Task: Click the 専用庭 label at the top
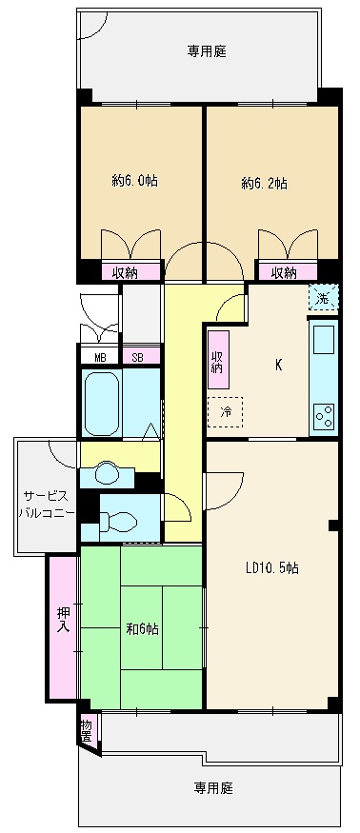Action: coord(206,51)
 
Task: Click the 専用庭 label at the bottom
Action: coord(213,787)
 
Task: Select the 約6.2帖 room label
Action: coord(264,182)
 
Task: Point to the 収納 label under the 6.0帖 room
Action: coord(124,272)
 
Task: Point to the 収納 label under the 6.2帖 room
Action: coord(283,272)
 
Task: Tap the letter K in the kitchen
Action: coord(278,365)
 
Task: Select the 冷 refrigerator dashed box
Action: coord(226,412)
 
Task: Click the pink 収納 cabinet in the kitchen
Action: coord(217,361)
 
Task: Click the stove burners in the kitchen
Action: coord(324,415)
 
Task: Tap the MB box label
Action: coord(100,357)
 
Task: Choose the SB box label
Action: coord(138,357)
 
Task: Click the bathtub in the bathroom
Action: coord(101,404)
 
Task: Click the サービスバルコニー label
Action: coord(44,504)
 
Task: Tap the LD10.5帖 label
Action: coord(271,568)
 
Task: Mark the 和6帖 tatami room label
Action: coord(142,629)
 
